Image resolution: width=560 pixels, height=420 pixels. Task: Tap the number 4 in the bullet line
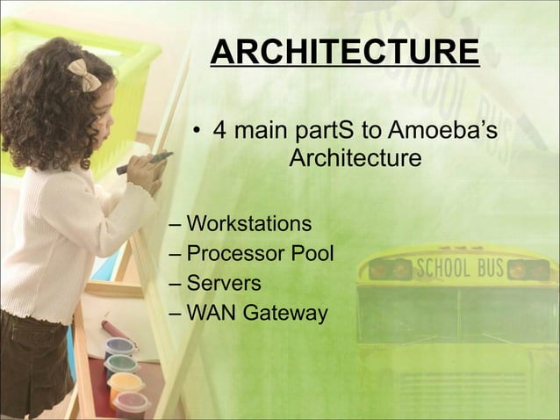pyautogui.click(x=221, y=133)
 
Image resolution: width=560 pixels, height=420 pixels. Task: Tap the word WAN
pyautogui.click(x=210, y=313)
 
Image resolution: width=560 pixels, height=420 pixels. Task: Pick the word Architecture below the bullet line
pyautogui.click(x=355, y=161)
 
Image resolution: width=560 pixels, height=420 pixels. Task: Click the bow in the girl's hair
pyautogui.click(x=84, y=76)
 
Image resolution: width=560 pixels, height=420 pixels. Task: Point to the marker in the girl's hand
pyautogui.click(x=144, y=162)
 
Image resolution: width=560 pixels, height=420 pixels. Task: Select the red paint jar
pyautogui.click(x=132, y=403)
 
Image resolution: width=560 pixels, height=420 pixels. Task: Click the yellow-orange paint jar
pyautogui.click(x=126, y=383)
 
